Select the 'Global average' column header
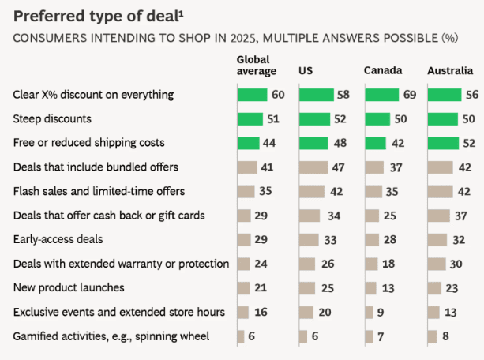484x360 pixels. (257, 66)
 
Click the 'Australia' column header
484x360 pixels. (450, 71)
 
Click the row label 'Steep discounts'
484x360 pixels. (52, 119)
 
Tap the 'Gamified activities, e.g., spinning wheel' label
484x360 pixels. (111, 336)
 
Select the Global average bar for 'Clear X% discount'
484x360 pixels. (251, 95)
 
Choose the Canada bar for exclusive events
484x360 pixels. (367, 313)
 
